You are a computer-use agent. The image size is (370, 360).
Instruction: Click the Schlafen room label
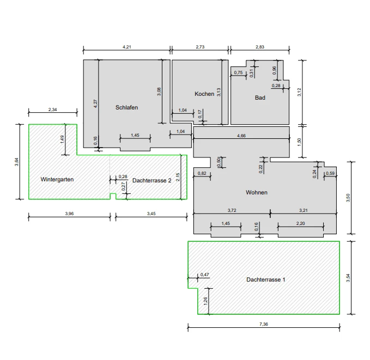tap(127, 108)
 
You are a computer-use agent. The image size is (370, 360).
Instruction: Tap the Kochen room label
tap(204, 94)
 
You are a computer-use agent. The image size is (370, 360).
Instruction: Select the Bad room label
tap(260, 97)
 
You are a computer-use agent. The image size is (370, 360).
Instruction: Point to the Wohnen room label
tap(257, 192)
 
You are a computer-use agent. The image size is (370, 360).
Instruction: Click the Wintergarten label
tap(57, 180)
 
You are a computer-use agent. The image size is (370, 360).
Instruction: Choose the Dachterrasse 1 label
tap(266, 280)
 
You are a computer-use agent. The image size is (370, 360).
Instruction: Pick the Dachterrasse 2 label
tap(151, 181)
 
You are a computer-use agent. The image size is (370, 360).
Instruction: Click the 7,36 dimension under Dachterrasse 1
tap(264, 324)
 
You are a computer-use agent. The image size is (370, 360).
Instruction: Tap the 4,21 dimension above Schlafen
tap(127, 47)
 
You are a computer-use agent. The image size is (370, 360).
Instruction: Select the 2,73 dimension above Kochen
tap(200, 47)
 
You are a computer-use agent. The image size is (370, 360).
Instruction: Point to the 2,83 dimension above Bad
tap(260, 47)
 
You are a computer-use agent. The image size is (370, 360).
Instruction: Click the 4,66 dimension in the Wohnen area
tap(241, 136)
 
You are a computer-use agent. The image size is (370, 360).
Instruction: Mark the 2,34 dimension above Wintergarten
tap(53, 109)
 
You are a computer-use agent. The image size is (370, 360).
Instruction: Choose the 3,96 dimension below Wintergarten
tap(69, 213)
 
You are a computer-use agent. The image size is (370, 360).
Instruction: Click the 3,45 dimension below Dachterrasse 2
tap(151, 213)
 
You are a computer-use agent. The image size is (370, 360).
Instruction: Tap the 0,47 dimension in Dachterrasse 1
tap(204, 274)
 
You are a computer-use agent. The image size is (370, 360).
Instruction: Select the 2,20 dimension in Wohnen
tap(301, 223)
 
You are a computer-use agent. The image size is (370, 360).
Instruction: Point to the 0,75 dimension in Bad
tap(238, 72)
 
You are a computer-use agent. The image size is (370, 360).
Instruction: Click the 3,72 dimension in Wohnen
tap(232, 210)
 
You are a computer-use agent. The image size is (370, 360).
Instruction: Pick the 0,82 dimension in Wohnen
tap(202, 173)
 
